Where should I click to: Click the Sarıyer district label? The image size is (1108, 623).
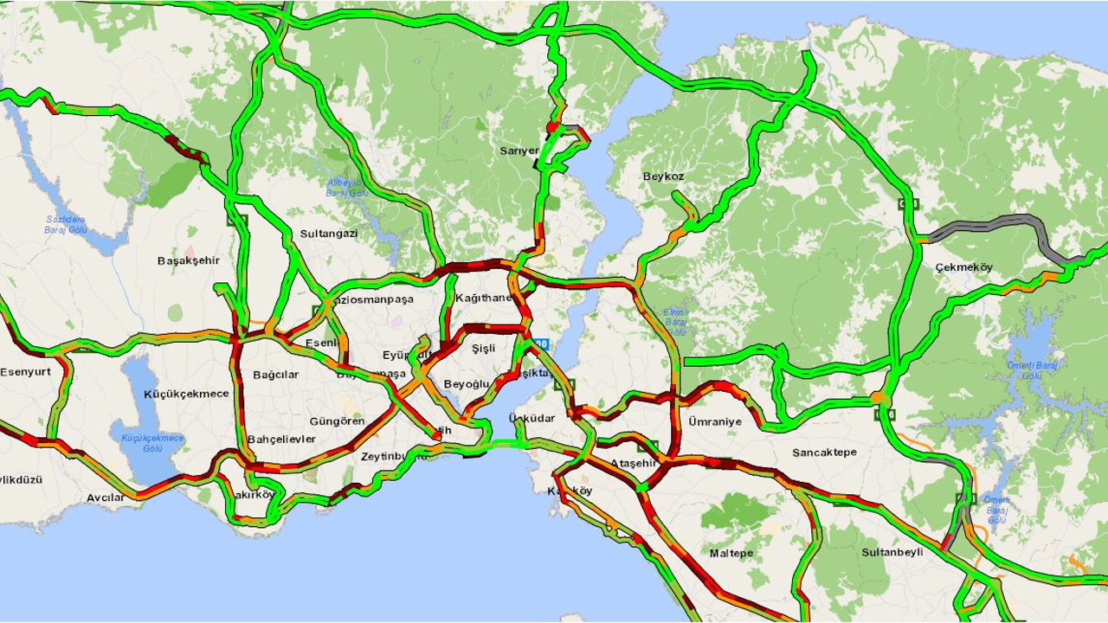click(x=519, y=151)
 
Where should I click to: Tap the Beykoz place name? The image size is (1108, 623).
click(x=663, y=177)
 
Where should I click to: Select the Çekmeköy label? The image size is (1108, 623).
click(x=963, y=267)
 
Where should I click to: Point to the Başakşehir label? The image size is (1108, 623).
click(x=189, y=260)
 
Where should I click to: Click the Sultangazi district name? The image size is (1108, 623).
click(x=329, y=234)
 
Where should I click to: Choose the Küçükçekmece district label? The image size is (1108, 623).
click(x=186, y=394)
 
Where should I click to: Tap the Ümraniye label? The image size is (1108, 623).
click(x=715, y=421)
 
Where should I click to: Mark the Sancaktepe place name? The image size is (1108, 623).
click(x=824, y=453)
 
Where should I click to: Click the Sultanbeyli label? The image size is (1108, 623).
click(x=892, y=552)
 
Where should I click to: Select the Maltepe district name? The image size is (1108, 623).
click(x=731, y=553)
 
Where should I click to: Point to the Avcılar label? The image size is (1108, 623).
click(x=106, y=498)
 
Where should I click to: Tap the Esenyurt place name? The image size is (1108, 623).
click(x=25, y=372)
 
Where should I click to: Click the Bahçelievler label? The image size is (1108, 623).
click(x=281, y=439)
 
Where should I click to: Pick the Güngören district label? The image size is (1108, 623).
click(x=337, y=421)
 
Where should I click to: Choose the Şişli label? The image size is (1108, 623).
click(x=483, y=349)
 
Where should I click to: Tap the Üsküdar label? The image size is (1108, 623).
click(x=531, y=419)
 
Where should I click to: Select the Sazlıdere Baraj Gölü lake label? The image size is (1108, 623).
click(x=66, y=225)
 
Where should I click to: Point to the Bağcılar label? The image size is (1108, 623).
click(x=275, y=375)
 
